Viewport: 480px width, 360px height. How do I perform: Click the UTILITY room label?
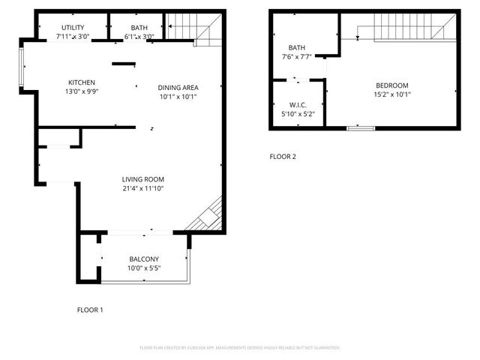(73, 27)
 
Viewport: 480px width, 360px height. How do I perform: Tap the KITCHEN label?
(81, 82)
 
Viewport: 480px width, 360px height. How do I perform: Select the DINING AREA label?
(178, 87)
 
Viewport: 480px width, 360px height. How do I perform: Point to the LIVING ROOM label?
(143, 179)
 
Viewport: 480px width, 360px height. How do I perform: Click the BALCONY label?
(143, 259)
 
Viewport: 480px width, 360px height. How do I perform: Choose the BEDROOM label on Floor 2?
(392, 85)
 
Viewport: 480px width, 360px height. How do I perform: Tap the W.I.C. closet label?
(298, 104)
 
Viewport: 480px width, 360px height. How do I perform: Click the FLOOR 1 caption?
(91, 309)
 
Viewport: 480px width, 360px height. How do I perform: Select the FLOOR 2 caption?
(283, 157)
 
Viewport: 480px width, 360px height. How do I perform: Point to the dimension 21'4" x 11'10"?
(143, 188)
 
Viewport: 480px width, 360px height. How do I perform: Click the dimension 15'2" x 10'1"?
(392, 94)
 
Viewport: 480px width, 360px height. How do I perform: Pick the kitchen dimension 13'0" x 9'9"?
(81, 91)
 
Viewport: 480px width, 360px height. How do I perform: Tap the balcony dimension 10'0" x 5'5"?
(143, 268)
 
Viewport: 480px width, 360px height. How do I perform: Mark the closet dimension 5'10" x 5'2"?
(298, 113)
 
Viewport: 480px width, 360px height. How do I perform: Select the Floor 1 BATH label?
(139, 27)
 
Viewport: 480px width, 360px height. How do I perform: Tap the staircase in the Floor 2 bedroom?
(405, 31)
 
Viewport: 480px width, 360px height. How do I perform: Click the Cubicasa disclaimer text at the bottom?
(240, 348)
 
